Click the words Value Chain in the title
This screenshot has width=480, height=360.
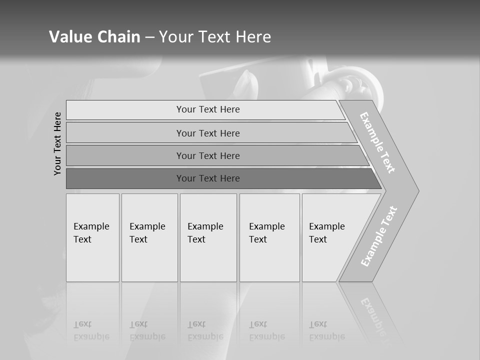94,36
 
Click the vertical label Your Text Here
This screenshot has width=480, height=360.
57,143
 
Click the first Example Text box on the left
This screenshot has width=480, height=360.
92,237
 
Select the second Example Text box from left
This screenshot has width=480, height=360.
149,237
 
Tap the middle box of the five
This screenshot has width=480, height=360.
208,237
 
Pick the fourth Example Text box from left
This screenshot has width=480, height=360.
269,237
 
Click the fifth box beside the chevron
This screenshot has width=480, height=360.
327,237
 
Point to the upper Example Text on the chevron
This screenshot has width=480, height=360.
377,142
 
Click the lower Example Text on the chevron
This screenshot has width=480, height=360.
379,236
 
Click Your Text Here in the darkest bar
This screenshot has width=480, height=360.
208,178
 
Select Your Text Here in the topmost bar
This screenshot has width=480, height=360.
208,109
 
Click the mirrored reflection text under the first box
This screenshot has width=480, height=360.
91,330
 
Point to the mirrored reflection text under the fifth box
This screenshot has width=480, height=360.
327,330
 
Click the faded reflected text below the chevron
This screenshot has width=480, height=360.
376,317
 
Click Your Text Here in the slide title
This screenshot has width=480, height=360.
215,36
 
